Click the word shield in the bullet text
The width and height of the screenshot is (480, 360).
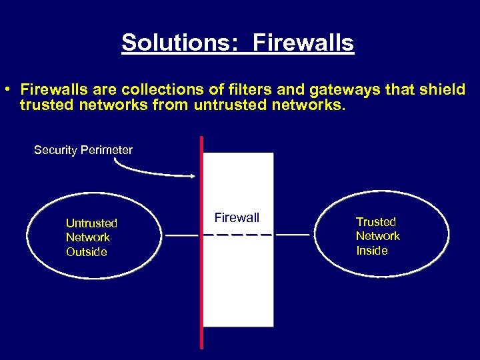[443, 89]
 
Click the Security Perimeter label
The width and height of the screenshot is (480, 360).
[83, 150]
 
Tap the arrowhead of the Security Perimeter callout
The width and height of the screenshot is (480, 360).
[193, 176]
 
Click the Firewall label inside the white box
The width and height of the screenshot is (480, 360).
[237, 217]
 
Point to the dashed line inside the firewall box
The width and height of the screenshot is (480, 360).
[237, 235]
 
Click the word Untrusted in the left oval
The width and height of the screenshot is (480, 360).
[91, 223]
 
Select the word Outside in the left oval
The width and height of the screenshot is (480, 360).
[87, 252]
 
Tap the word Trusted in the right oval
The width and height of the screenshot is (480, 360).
[376, 222]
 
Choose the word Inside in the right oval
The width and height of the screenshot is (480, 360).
[372, 251]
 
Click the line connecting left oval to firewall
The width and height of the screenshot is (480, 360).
[182, 235]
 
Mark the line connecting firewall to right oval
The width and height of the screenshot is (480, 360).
[293, 235]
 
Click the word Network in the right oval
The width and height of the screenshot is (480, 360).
[378, 236]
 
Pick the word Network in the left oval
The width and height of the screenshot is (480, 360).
[88, 237]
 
